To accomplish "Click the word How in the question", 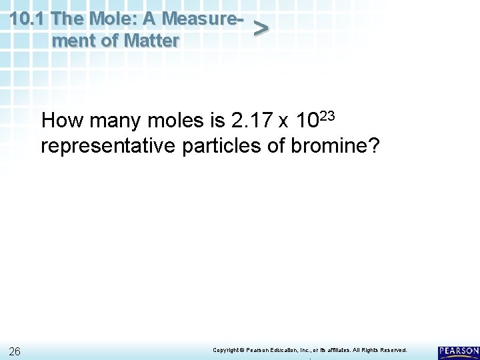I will [x=61, y=122].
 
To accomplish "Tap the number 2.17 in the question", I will [x=248, y=122].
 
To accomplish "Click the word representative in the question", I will [x=108, y=146].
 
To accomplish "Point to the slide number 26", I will [x=16, y=351].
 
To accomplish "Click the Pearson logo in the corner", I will [x=458, y=352].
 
